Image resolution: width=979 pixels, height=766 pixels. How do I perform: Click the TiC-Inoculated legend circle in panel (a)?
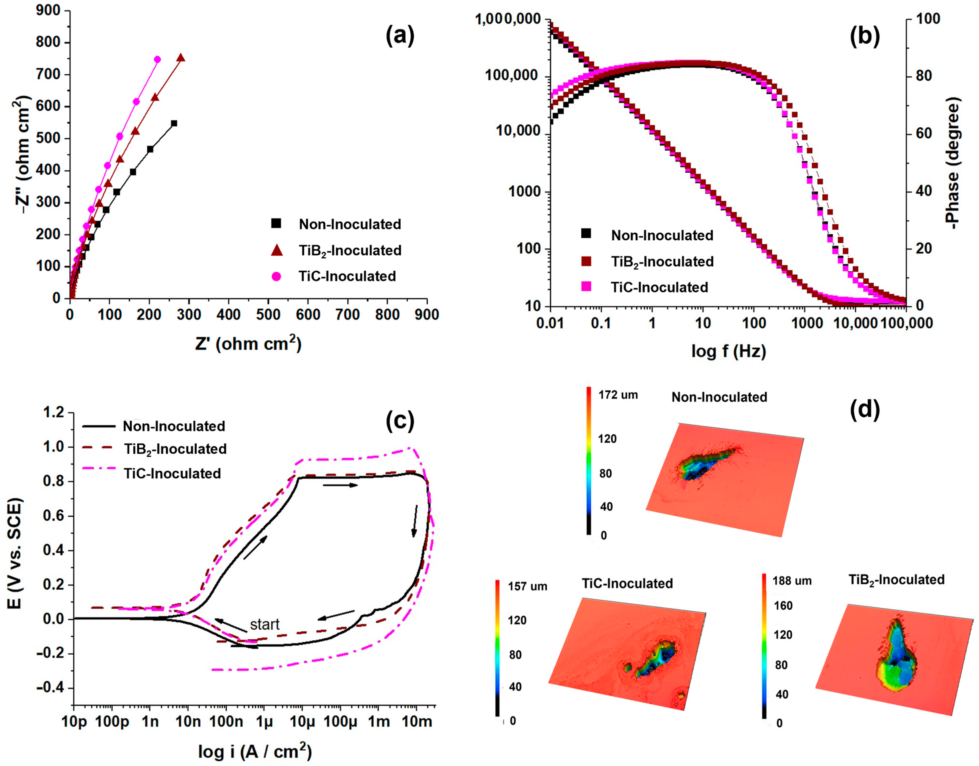point(276,276)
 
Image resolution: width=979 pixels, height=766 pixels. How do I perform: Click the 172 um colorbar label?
point(618,395)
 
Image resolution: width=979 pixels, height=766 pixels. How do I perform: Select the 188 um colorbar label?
point(792,581)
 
